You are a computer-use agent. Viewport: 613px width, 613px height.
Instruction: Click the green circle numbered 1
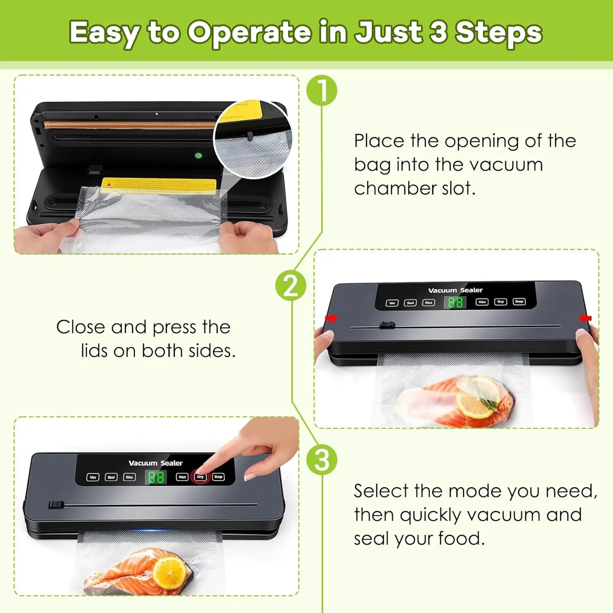pyautogui.click(x=322, y=90)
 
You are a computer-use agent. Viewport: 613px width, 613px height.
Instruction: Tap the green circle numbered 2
pyautogui.click(x=291, y=285)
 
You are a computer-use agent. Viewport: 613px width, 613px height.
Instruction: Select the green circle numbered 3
pyautogui.click(x=322, y=460)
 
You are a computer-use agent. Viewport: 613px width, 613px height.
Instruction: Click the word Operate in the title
pyautogui.click(x=249, y=33)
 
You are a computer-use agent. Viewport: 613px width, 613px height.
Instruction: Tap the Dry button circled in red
pyautogui.click(x=200, y=477)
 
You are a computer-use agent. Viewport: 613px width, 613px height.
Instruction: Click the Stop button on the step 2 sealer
pyautogui.click(x=519, y=302)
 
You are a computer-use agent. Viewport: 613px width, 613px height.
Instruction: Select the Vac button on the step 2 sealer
pyautogui.click(x=392, y=303)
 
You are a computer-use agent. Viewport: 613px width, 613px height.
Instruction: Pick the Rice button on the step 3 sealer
pyautogui.click(x=130, y=477)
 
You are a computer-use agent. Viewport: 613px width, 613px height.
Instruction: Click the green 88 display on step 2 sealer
pyautogui.click(x=455, y=302)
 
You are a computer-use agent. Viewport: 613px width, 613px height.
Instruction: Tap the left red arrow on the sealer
pyautogui.click(x=331, y=318)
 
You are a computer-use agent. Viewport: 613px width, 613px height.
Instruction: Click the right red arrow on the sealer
pyautogui.click(x=586, y=318)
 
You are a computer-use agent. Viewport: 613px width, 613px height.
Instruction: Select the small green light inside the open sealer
pyautogui.click(x=198, y=156)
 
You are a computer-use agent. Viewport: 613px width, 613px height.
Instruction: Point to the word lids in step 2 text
pyautogui.click(x=94, y=351)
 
